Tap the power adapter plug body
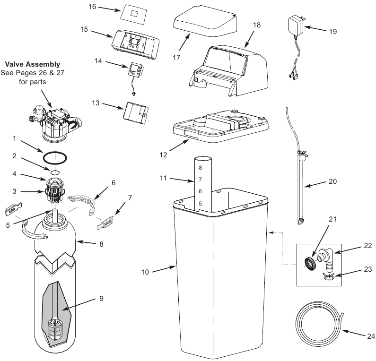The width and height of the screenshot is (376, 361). (295, 25)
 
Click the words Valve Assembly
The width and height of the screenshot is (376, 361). (32, 64)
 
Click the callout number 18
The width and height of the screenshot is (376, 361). (256, 25)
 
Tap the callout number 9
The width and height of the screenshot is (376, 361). (101, 299)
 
